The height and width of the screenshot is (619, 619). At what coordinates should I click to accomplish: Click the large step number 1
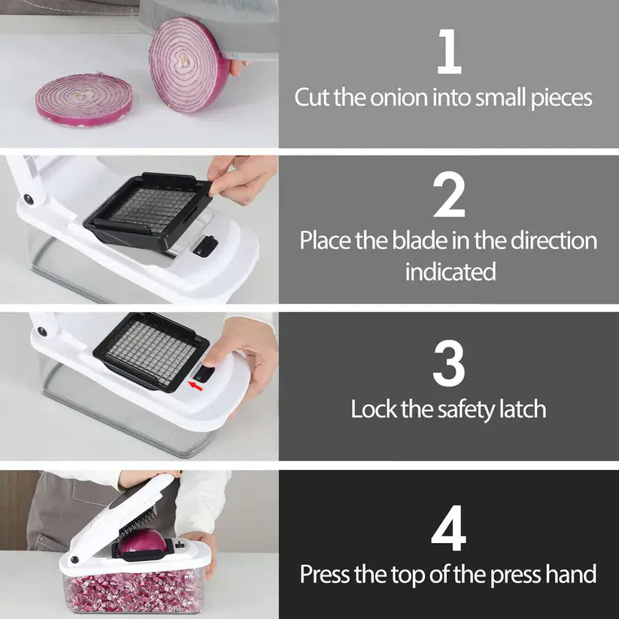coord(449,52)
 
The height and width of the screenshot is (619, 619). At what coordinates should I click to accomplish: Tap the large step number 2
coord(449,195)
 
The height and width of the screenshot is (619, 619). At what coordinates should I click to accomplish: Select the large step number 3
coord(449,363)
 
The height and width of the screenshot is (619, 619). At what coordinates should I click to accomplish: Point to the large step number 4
coord(448,528)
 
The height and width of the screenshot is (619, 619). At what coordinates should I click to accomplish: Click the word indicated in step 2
coord(451,272)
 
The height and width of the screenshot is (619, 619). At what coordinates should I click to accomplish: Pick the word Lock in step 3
coord(374,408)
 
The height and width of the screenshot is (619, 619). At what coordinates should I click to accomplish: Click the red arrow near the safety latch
coord(196,386)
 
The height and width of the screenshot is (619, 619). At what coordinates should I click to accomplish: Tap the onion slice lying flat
coord(84,100)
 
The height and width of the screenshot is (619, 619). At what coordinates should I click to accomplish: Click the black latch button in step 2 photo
coord(205,247)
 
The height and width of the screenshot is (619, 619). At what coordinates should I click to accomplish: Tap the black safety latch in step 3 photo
coord(204,374)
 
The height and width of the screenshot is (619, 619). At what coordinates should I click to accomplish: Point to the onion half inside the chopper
coord(141,542)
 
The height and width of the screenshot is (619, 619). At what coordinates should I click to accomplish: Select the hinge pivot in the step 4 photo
coord(74,560)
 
